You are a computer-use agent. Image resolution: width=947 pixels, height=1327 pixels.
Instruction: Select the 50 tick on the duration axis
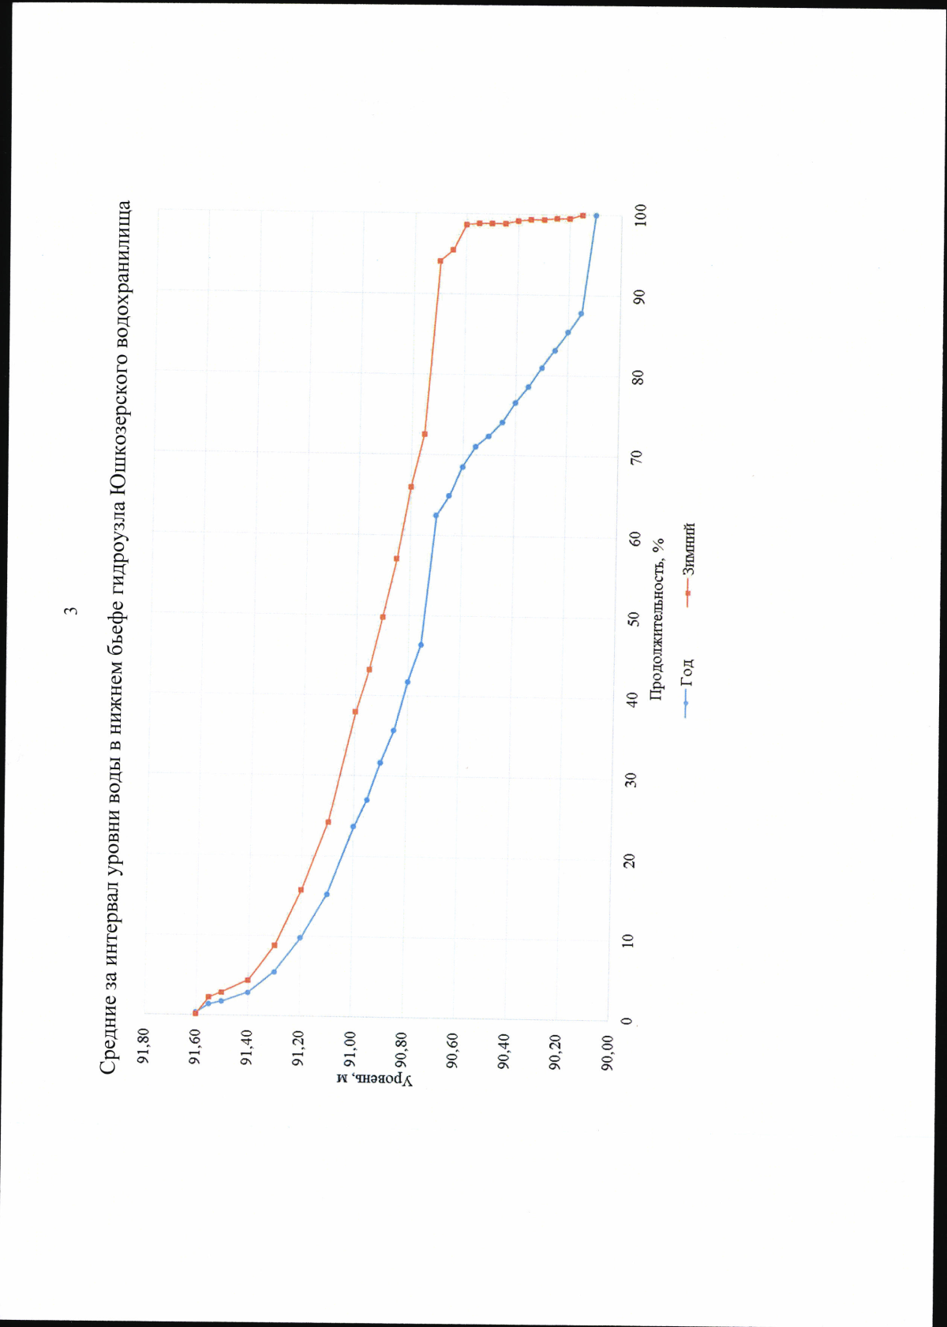(x=634, y=619)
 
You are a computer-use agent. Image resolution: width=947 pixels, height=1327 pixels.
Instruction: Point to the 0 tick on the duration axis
(x=627, y=1020)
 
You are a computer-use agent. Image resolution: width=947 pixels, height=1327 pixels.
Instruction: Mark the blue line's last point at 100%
(x=596, y=215)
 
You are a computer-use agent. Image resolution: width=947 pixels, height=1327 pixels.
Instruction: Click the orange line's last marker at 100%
(x=582, y=215)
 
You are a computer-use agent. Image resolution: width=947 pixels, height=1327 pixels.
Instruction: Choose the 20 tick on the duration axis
(x=630, y=860)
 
